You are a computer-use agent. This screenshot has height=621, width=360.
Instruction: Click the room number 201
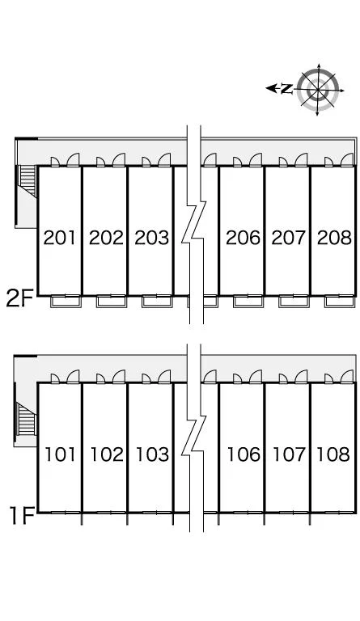[x=59, y=238]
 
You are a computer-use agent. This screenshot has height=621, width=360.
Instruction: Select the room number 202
[x=106, y=238]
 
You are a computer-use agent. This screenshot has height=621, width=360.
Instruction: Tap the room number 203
[x=151, y=238]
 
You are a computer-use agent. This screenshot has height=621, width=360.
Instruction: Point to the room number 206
[x=244, y=238]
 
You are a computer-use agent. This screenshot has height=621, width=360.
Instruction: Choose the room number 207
[x=289, y=238]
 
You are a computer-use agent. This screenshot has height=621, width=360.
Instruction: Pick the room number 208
[x=334, y=238]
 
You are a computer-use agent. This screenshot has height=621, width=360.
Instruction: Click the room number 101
[x=60, y=454]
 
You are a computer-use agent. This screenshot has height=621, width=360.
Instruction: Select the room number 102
[x=107, y=454]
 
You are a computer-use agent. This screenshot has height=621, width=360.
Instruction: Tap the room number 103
[x=152, y=454]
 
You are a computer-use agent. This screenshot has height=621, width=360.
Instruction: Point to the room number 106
[x=244, y=454]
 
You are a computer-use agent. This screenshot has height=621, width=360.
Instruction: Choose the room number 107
[x=289, y=454]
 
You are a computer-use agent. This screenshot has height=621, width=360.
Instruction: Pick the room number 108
[x=333, y=454]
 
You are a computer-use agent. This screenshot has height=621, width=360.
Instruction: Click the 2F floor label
[x=19, y=298]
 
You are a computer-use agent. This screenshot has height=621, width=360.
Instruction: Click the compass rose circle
[x=318, y=90]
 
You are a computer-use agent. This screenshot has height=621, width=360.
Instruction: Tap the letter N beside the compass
[x=286, y=89]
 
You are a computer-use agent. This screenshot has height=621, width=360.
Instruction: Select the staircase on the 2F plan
[x=28, y=181]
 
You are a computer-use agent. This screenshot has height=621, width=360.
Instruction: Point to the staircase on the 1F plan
[x=26, y=419]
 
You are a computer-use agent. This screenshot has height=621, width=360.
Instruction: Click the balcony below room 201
[x=66, y=301]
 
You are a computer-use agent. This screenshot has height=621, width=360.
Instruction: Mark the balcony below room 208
[x=340, y=301]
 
